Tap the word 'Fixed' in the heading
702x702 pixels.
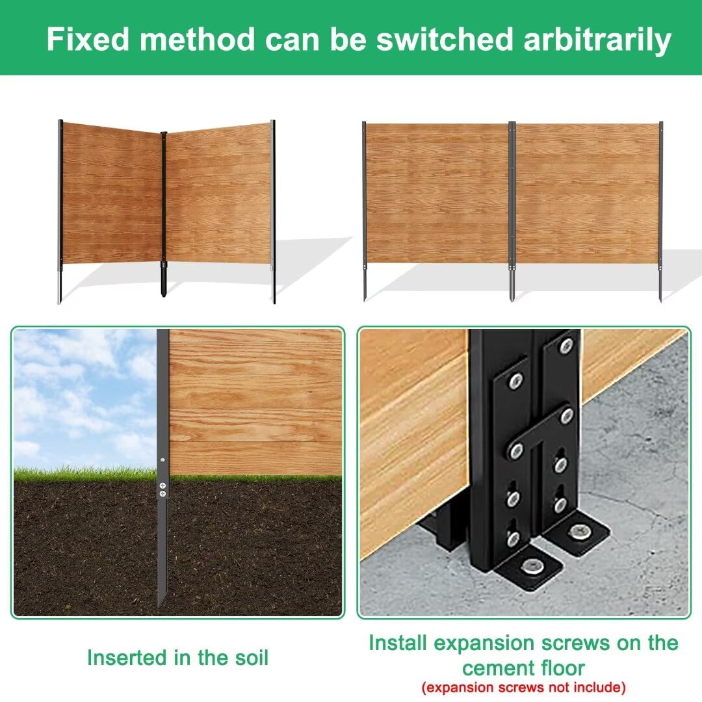(x=88, y=39)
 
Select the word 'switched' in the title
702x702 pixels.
(x=444, y=39)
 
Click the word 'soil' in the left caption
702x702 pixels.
(x=252, y=658)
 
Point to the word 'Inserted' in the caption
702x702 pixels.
(x=127, y=658)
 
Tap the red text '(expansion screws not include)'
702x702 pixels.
(x=523, y=687)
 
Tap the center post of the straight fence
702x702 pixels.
(x=512, y=211)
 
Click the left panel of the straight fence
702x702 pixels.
(x=437, y=194)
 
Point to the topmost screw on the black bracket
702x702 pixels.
(x=566, y=346)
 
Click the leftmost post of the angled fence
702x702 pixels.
(x=60, y=211)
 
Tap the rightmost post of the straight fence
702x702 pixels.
(x=660, y=211)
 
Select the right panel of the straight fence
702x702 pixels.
(x=587, y=194)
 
